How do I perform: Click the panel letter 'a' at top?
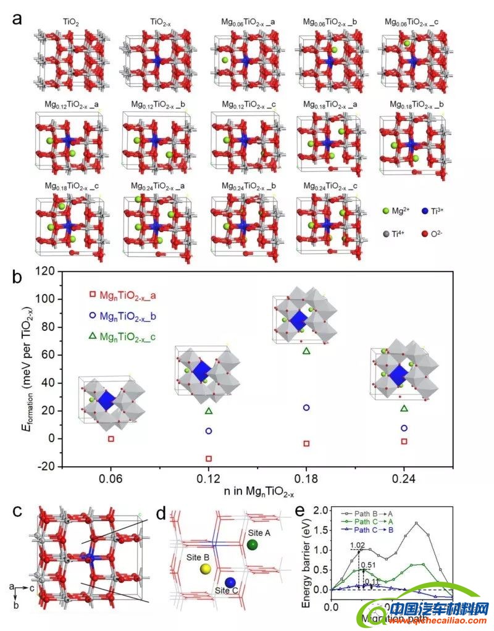point(18,18)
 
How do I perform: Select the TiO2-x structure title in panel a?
point(165,23)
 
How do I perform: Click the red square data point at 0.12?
point(209,459)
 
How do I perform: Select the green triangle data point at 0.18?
point(306,351)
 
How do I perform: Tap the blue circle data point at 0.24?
point(404,428)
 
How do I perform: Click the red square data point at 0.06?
point(111,439)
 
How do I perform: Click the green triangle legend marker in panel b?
point(93,335)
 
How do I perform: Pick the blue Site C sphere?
point(230,582)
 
